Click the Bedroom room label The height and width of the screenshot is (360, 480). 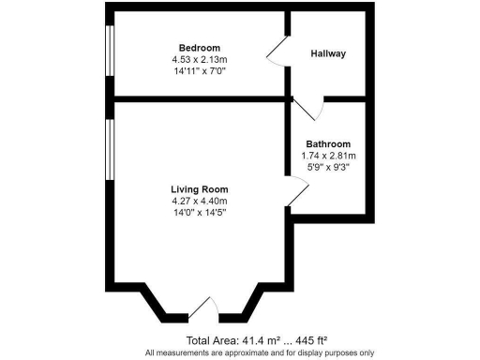click(x=200, y=48)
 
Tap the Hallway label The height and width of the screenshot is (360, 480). click(x=328, y=53)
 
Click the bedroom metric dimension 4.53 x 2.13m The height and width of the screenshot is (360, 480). click(x=200, y=59)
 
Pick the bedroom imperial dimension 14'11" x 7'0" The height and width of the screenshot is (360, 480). click(x=200, y=70)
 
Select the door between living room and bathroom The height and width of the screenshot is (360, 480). click(x=297, y=192)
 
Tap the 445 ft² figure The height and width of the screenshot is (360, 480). click(x=307, y=339)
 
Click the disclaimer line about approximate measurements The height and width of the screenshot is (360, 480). click(x=240, y=352)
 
